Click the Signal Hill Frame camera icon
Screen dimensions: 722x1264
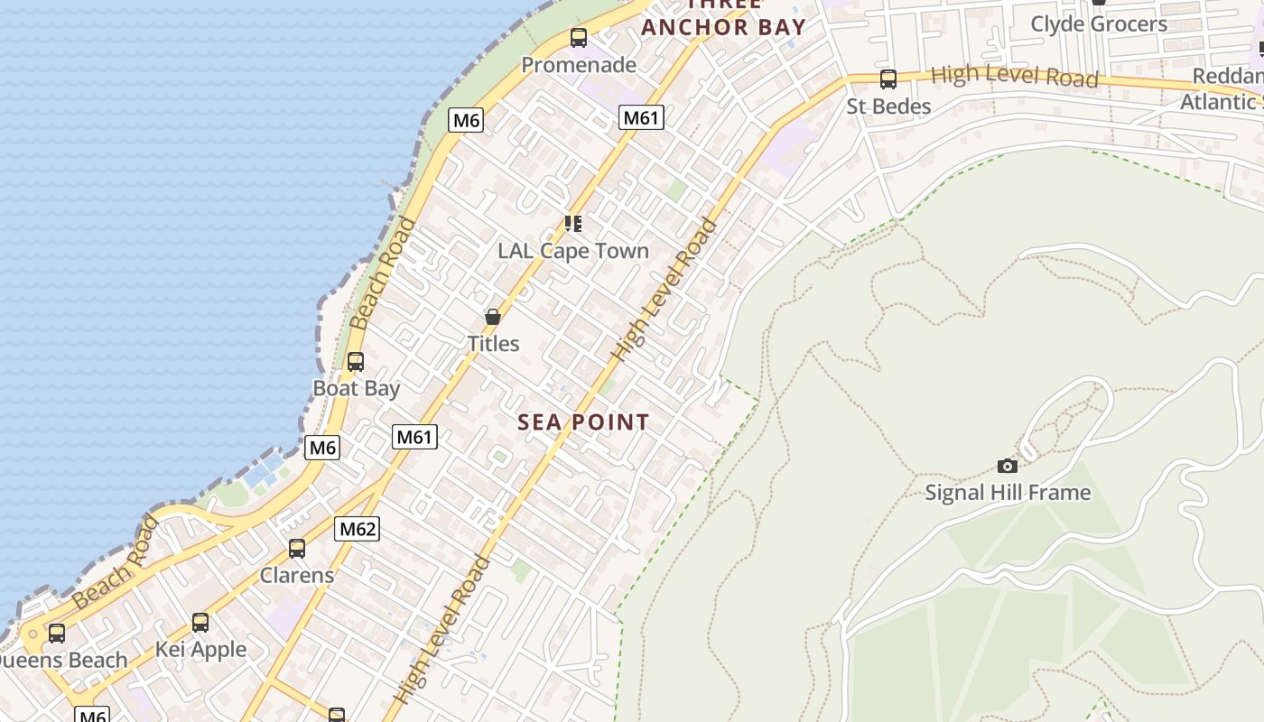pos(1008,466)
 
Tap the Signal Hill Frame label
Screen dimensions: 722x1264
pos(1008,493)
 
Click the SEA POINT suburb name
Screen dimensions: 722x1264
pos(583,422)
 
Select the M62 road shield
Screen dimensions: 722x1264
pos(357,529)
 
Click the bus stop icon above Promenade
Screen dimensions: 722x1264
pos(579,38)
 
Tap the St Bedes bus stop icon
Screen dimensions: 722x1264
pos(888,79)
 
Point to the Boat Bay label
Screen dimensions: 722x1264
pos(356,388)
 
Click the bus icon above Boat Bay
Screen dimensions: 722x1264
pos(356,362)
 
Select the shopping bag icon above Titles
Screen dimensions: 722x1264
pos(493,317)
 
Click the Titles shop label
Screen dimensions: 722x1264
pos(493,344)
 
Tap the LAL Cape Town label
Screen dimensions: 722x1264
pos(573,251)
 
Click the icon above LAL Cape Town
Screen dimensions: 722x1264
pos(573,223)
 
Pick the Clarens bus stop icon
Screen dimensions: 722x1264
pos(297,548)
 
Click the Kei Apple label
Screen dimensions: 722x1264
pos(200,650)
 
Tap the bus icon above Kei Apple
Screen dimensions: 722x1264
pos(200,623)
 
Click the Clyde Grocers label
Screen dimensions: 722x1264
pos(1099,24)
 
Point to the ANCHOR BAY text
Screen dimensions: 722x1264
pos(723,27)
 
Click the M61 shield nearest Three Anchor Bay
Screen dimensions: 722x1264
pos(641,117)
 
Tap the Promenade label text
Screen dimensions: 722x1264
pos(579,65)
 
